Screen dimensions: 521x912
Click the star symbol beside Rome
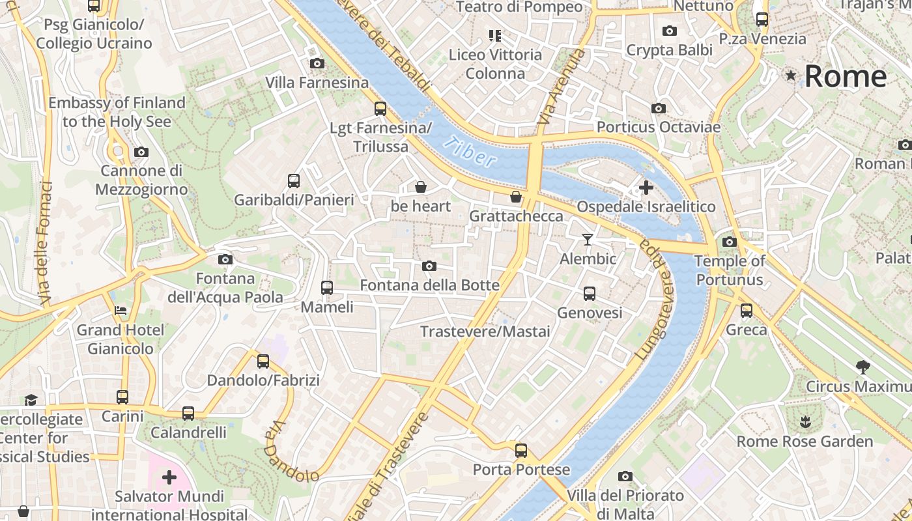coord(791,76)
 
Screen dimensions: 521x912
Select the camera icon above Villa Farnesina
coord(317,63)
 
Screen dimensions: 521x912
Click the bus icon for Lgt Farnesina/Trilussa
coord(380,109)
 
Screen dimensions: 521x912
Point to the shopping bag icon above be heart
coord(421,188)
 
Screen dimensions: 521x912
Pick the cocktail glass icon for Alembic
coord(588,240)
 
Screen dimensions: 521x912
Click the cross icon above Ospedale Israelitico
coord(646,188)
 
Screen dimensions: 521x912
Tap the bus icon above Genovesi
coord(590,294)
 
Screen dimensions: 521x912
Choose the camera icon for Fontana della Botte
coord(429,266)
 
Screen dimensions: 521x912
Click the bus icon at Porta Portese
coord(521,450)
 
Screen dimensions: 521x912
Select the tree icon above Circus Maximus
coord(863,367)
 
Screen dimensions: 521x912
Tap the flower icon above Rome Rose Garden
coord(806,421)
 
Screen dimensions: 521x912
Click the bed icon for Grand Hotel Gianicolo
coord(121,311)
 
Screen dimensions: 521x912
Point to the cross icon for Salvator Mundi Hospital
coord(169,477)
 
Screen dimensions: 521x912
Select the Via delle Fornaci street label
coord(46,242)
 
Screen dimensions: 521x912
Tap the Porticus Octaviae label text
coord(659,127)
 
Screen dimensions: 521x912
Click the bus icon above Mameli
coord(327,287)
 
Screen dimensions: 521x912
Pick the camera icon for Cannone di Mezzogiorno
coord(141,152)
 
